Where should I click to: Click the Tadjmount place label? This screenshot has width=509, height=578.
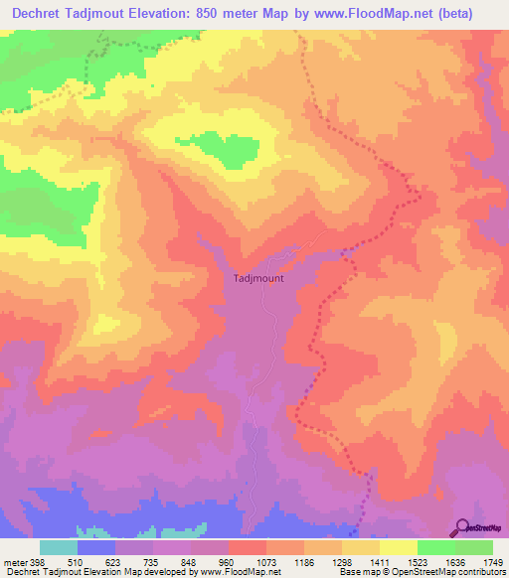(x=257, y=278)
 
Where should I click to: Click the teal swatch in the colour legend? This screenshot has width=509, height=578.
(x=59, y=547)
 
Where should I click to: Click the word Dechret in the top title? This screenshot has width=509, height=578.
(x=41, y=13)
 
